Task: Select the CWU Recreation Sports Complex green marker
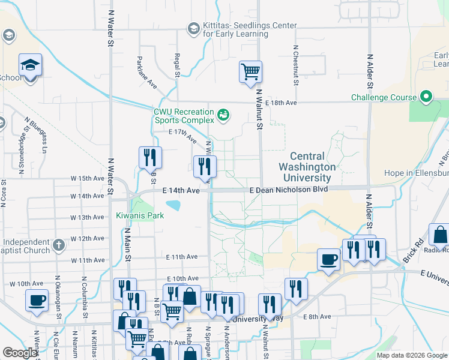pyautogui.click(x=223, y=114)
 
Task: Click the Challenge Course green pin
pyautogui.click(x=426, y=97)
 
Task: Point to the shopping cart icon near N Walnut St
pyautogui.click(x=250, y=72)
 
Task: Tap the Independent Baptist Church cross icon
pyautogui.click(x=58, y=245)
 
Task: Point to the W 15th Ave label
pyautogui.click(x=88, y=178)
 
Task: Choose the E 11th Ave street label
pyautogui.click(x=182, y=257)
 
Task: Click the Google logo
pyautogui.click(x=20, y=353)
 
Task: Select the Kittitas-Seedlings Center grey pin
pyautogui.click(x=193, y=28)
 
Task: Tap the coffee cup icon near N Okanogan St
pyautogui.click(x=37, y=299)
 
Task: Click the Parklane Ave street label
pyautogui.click(x=148, y=73)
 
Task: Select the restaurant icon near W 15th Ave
pyautogui.click(x=150, y=157)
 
